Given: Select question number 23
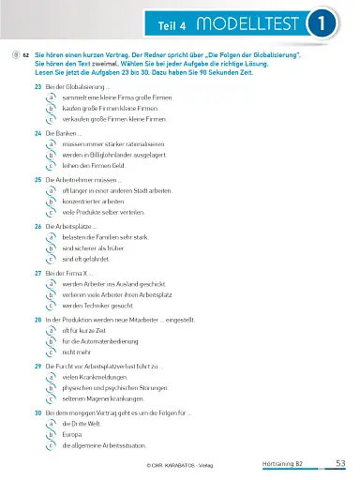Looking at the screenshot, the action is click(37, 86).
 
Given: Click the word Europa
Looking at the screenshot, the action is click(72, 434).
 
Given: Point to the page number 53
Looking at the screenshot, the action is click(340, 463).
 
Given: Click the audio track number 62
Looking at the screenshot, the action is click(25, 56).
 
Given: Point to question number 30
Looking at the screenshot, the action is click(37, 412).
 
